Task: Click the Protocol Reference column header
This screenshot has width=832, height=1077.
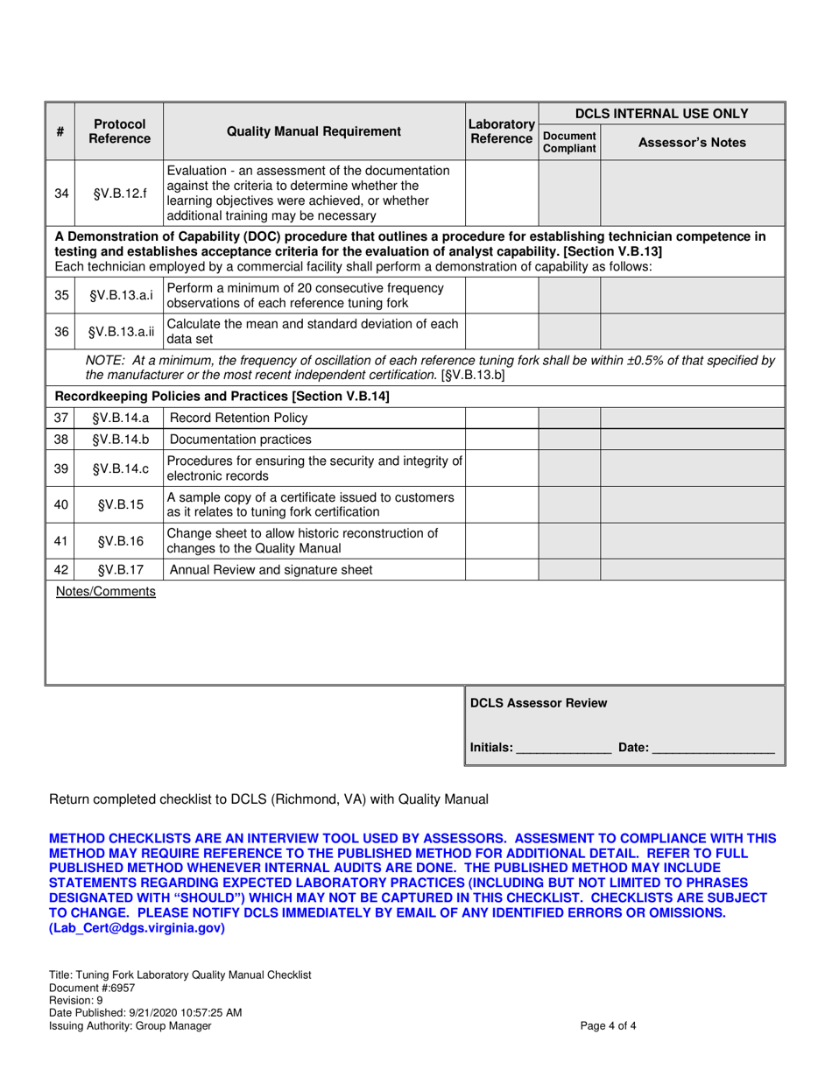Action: coord(119,131)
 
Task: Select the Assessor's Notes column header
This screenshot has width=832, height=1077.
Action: coord(692,142)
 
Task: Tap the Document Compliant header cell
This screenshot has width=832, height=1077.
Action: coord(569,142)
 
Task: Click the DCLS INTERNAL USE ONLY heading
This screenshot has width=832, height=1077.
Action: coord(661,113)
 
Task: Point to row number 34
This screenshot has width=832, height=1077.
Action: coord(60,193)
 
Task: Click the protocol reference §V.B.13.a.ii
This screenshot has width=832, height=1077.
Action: coord(119,331)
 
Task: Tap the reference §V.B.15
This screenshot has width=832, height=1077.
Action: coord(119,504)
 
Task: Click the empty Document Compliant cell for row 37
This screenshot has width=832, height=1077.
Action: coord(569,418)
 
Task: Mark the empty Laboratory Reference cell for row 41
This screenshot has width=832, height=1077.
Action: coord(501,540)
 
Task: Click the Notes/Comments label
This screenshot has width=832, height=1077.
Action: coord(106,592)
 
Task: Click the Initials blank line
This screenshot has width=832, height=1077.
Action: coord(564,750)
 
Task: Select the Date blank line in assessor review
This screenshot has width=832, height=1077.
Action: coord(713,750)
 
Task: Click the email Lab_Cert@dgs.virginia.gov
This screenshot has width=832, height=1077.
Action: coord(137,928)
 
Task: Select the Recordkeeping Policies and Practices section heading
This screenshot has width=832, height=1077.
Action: coord(222,397)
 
